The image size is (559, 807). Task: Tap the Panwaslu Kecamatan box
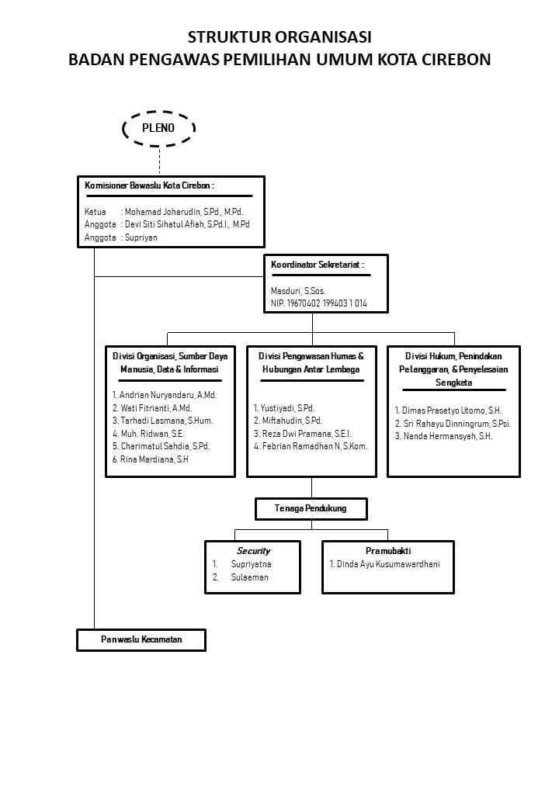coord(141,639)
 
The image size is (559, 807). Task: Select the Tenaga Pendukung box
coord(311,508)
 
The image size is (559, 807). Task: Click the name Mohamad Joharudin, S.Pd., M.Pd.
coord(184,212)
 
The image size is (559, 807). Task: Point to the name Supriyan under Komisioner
coord(141,237)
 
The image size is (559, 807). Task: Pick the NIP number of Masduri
coord(319,303)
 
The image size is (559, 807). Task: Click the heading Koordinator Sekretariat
coord(318,265)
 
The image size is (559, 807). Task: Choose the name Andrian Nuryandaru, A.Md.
coord(165,395)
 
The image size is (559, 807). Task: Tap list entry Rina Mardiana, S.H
coord(151,459)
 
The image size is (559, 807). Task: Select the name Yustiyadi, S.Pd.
coord(283,408)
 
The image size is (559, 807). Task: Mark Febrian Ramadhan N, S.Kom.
coord(311,446)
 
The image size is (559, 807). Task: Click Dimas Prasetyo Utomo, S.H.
coord(448,410)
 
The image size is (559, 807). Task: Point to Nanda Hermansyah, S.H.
coord(443,436)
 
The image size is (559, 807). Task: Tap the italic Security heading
coord(253,551)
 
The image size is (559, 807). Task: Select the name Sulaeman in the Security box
coord(250,577)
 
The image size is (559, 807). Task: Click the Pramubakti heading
coord(388,551)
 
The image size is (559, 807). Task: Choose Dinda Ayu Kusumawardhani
coord(384,564)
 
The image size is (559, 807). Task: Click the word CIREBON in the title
coord(456,60)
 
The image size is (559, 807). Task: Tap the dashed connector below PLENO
coord(159,161)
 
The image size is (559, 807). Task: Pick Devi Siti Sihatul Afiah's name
coord(187,224)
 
